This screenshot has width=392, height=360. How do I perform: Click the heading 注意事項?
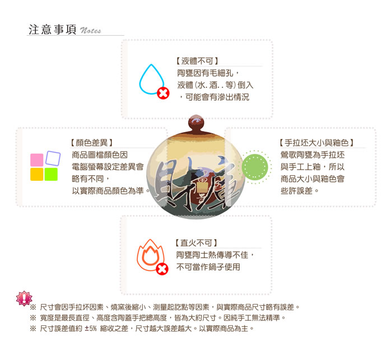[x=53, y=30]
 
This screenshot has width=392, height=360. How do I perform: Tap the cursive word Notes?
[x=91, y=30]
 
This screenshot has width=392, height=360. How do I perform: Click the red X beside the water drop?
[x=163, y=93]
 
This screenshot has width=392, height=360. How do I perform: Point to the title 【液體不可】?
[x=197, y=61]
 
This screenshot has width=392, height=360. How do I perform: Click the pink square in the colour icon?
[x=37, y=160]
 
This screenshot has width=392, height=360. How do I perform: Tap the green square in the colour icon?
[x=51, y=174]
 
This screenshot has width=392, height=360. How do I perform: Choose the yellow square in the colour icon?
[x=37, y=174]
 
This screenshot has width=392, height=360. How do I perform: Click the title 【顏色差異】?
[x=91, y=143]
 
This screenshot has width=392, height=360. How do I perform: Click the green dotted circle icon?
[x=255, y=167]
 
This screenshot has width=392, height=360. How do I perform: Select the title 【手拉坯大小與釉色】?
[x=316, y=143]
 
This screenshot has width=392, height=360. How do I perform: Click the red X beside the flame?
[x=162, y=269]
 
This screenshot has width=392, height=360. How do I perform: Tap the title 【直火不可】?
[x=197, y=243]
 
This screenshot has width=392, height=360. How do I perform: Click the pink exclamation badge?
[x=24, y=298]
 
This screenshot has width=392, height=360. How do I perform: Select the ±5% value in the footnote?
[x=91, y=329]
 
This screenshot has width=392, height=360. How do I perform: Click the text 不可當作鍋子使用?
[x=208, y=267]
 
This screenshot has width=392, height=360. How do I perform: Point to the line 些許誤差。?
[x=300, y=191]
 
